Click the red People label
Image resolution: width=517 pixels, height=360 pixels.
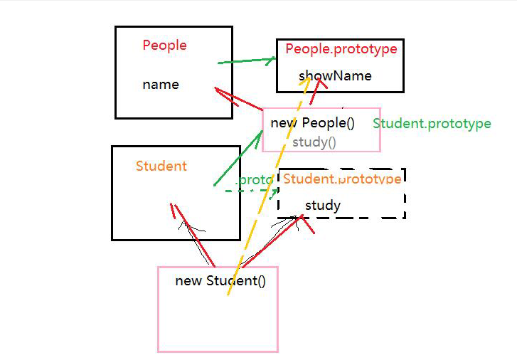click(164, 46)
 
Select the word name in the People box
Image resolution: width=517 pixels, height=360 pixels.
click(161, 85)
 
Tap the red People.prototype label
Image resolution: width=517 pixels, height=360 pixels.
click(341, 49)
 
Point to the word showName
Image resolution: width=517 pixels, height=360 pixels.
click(335, 76)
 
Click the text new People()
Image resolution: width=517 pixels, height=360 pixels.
click(312, 123)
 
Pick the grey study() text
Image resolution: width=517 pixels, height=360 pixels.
click(314, 142)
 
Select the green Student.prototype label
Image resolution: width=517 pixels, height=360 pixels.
click(432, 124)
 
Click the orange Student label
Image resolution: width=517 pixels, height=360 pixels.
click(161, 166)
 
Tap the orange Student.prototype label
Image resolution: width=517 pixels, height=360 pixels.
click(342, 179)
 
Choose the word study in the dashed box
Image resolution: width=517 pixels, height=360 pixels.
click(323, 206)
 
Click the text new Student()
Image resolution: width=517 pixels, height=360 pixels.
click(220, 280)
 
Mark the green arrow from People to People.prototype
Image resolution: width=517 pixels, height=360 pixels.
click(246, 62)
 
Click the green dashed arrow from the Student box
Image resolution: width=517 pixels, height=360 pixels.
click(249, 191)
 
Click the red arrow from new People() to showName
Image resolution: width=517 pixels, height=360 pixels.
click(317, 90)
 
